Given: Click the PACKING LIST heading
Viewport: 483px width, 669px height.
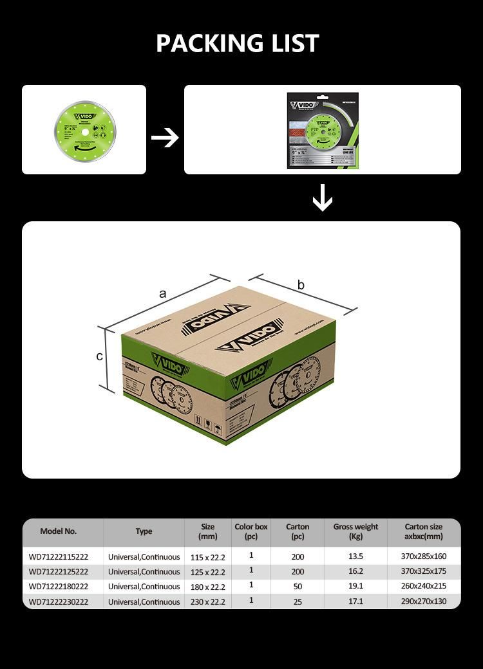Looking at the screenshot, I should tap(238, 43).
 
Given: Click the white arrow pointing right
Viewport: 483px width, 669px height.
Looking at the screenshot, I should tap(165, 137).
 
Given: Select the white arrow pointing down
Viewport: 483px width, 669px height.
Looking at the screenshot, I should tap(323, 198).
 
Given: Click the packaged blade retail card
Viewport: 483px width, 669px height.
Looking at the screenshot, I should tap(323, 131).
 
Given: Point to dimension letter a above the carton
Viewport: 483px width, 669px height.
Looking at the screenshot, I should tap(163, 293).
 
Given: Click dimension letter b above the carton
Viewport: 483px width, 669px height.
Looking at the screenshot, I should tap(301, 285).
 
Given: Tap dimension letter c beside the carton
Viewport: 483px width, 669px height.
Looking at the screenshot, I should tap(100, 356).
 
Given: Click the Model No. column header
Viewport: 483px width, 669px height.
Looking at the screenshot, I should tap(58, 531).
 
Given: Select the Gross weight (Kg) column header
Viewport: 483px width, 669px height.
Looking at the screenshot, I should tap(355, 531).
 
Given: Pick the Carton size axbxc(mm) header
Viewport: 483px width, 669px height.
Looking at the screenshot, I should tap(424, 531).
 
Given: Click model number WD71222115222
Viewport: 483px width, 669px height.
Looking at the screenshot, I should tap(59, 556).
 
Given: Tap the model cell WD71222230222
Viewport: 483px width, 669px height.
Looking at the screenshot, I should tap(59, 602).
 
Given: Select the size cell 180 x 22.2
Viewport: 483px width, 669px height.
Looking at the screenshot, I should tap(208, 587).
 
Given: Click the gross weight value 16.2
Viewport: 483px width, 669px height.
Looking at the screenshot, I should tap(355, 571).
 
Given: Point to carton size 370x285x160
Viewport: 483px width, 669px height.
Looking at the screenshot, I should tap(423, 556).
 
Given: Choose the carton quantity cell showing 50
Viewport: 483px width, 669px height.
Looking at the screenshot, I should tap(298, 587).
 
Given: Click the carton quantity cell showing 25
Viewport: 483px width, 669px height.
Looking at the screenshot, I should tap(298, 602).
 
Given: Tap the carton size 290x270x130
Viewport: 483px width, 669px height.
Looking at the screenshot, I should tap(423, 602).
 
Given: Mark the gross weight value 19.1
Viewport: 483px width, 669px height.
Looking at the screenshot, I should tap(355, 587).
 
